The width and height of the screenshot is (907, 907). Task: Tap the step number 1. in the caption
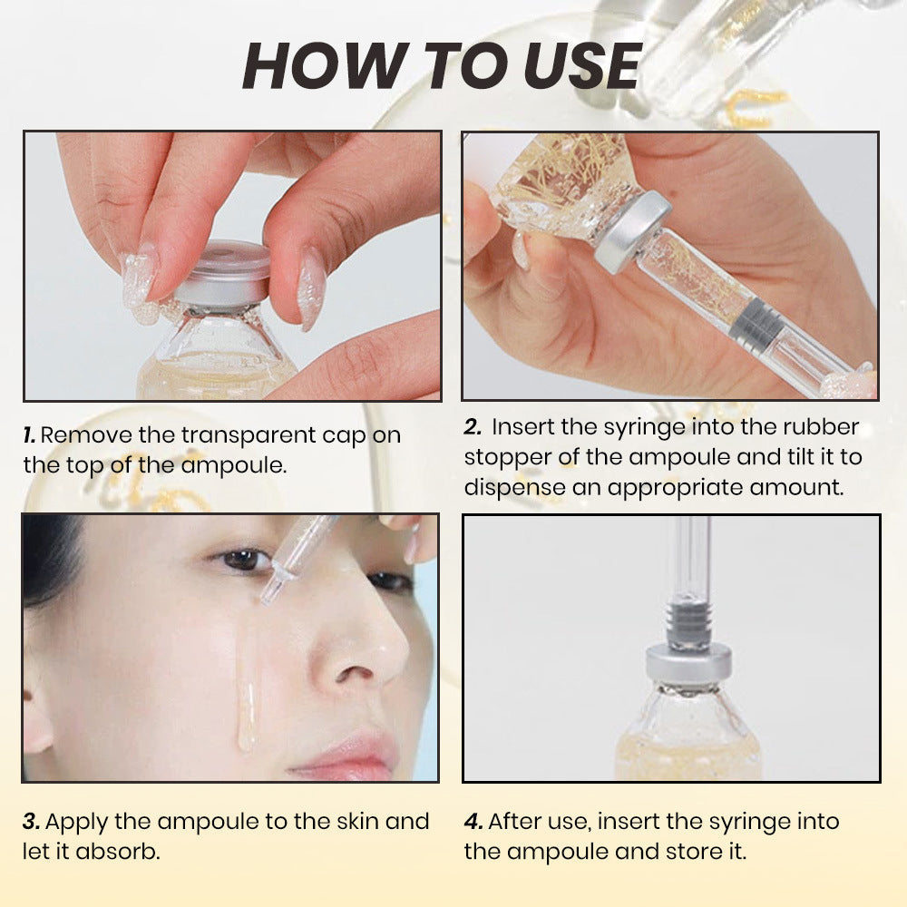click(x=29, y=435)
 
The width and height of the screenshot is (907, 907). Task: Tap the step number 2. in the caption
click(x=472, y=426)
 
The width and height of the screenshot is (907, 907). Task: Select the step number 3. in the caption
click(x=31, y=822)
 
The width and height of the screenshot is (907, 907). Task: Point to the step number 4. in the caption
click(x=473, y=822)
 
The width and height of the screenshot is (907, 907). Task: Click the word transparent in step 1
click(x=241, y=435)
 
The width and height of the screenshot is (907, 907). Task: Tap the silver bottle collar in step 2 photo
click(x=632, y=230)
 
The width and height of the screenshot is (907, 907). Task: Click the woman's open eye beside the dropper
click(x=243, y=560)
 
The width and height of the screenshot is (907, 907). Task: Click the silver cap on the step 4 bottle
click(x=689, y=665)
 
